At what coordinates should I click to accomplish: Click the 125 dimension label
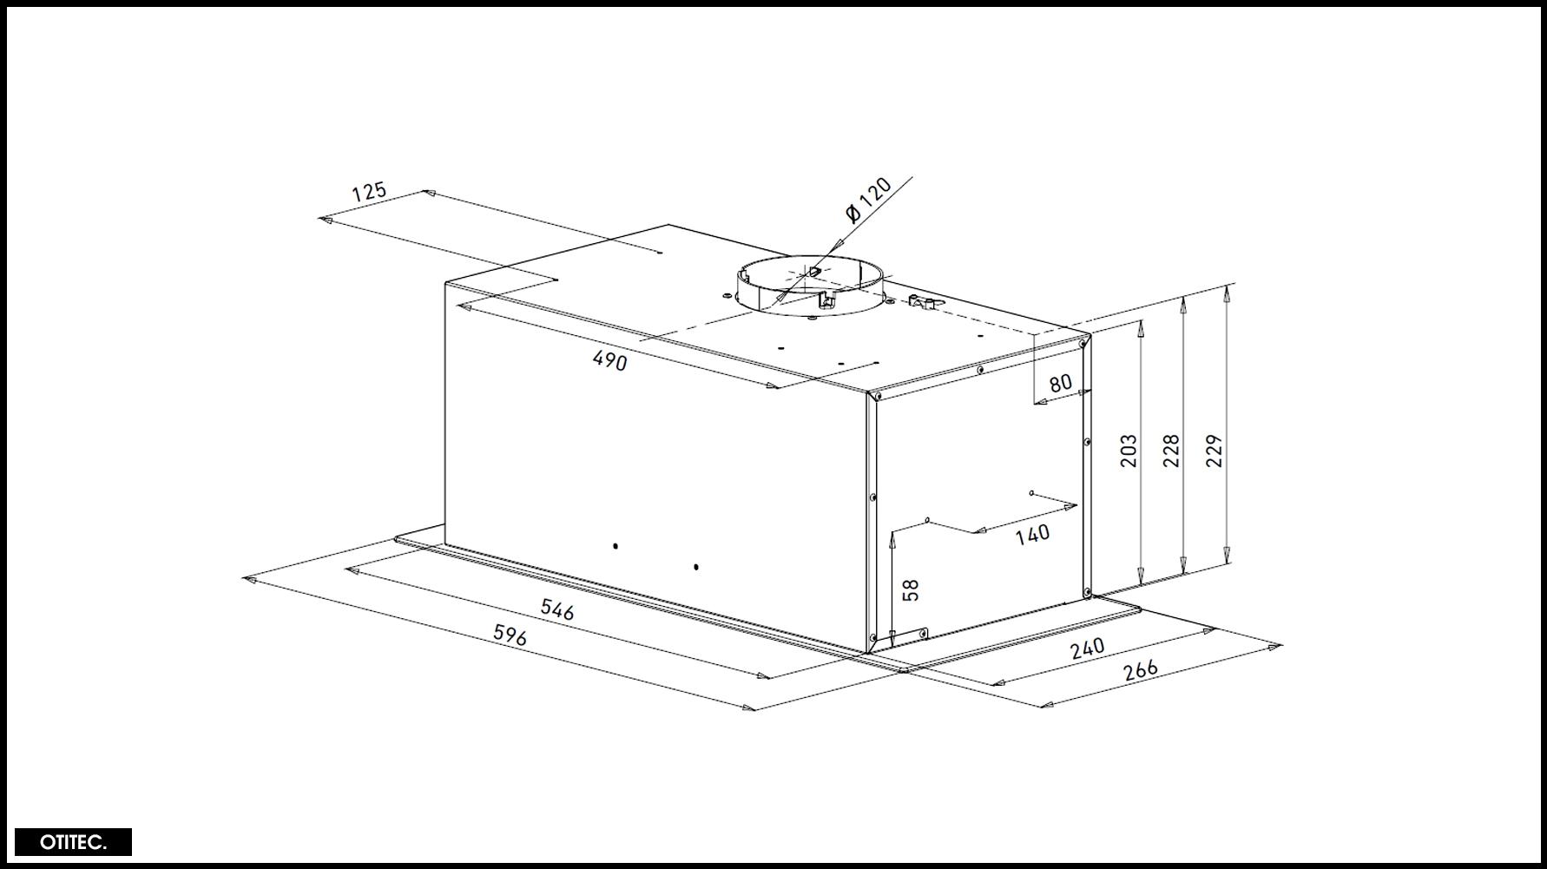click(368, 191)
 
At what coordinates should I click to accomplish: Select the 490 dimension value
click(609, 359)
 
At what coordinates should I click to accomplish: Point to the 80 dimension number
click(1061, 383)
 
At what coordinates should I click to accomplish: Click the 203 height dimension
click(1128, 451)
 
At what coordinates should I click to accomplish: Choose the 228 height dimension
click(1171, 451)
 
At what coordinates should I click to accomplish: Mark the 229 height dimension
click(1214, 451)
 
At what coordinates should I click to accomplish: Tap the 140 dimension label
click(1032, 534)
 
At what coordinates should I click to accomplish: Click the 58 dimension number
click(910, 590)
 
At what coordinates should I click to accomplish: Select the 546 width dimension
click(557, 609)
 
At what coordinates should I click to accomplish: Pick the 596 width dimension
click(510, 635)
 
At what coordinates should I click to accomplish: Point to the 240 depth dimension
click(1087, 648)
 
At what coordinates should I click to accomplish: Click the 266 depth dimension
click(1141, 670)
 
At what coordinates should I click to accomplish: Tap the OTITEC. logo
click(73, 842)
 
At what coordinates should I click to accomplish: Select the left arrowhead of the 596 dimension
click(250, 579)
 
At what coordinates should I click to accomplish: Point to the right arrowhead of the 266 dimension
click(1275, 645)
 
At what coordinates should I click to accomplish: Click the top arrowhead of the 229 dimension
click(1226, 291)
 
